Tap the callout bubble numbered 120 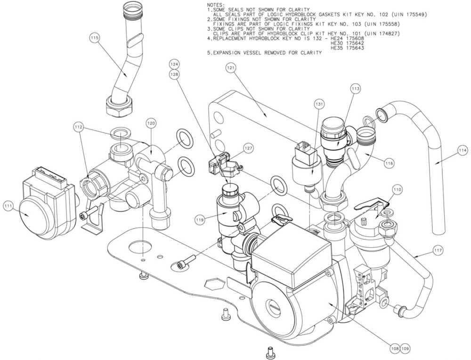tap(150, 123)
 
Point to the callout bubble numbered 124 tap(175, 64)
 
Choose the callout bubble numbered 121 tap(231, 69)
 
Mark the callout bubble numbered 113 tap(355, 88)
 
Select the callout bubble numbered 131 tap(320, 105)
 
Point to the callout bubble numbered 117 tap(438, 250)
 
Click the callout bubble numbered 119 tap(200, 219)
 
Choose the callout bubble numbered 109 tap(405, 348)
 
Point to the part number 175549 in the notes tap(414, 15)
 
